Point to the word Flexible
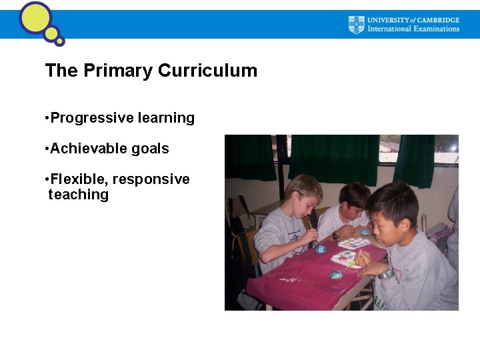(79, 179)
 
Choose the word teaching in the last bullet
(78, 195)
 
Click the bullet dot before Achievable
(47, 149)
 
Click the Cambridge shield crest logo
(357, 25)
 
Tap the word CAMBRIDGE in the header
(436, 20)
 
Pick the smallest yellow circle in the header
(59, 41)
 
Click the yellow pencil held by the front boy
(355, 261)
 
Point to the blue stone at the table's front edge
(335, 275)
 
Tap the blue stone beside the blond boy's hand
(321, 249)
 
